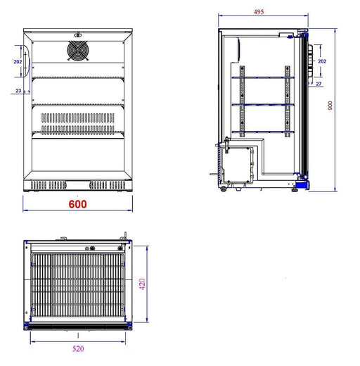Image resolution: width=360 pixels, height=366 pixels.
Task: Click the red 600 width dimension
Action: tap(78, 204)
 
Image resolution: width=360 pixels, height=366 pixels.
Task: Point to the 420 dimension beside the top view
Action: tap(142, 285)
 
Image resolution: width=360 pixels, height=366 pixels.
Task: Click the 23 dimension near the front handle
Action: tap(18, 90)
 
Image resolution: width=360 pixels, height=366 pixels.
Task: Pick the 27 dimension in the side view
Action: tap(319, 84)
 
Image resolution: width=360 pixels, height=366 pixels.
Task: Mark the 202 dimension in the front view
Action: tap(18, 62)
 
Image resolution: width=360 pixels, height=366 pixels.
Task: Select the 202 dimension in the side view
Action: tap(322, 61)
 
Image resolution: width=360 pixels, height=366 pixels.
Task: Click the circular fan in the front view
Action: tap(77, 50)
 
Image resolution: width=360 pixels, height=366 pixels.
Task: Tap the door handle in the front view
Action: tap(26, 69)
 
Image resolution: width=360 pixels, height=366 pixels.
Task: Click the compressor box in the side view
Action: tap(239, 163)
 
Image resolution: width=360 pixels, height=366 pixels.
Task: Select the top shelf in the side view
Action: tap(264, 77)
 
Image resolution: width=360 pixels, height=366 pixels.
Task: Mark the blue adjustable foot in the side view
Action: tap(301, 184)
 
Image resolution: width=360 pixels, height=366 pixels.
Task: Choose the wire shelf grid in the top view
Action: tap(77, 285)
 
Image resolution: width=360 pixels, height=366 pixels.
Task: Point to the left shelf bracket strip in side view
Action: tap(242, 102)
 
